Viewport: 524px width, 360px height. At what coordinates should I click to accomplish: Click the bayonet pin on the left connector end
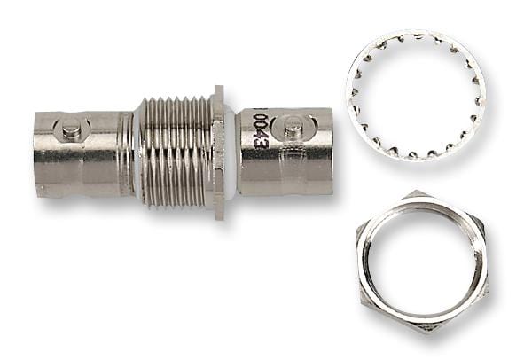pos(72,130)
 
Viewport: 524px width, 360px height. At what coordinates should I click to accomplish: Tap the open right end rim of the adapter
pos(329,153)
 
